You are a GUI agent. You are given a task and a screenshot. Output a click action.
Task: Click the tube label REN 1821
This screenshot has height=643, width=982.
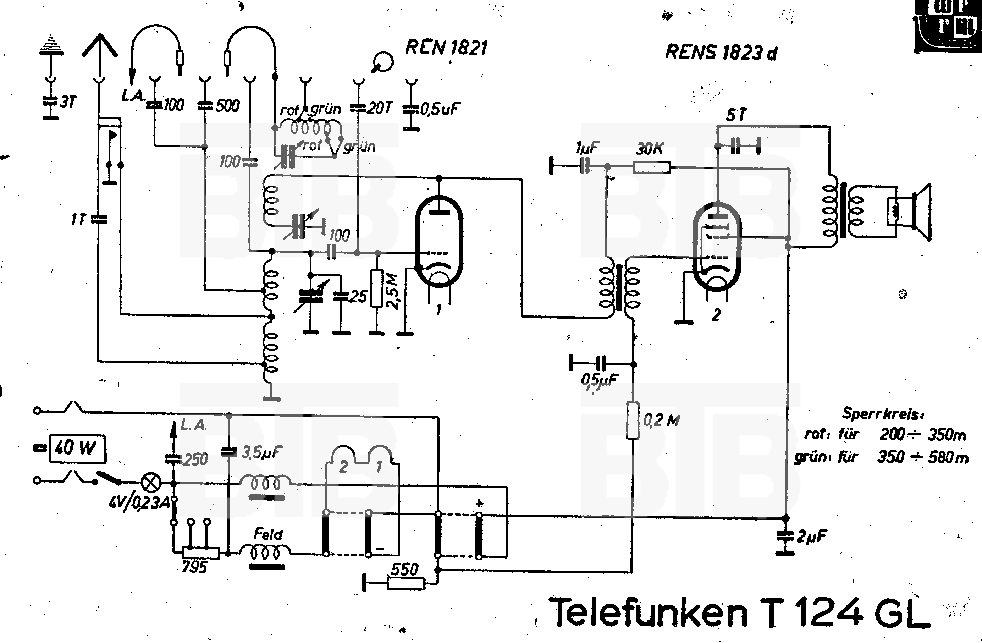446,48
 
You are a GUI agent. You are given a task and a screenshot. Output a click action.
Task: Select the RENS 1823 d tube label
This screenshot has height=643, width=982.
721,53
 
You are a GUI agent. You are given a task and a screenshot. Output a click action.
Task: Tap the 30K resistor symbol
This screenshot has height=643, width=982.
652,167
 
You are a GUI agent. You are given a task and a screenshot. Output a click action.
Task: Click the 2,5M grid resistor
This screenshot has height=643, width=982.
376,288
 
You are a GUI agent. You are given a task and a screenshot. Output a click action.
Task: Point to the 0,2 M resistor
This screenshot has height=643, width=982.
633,420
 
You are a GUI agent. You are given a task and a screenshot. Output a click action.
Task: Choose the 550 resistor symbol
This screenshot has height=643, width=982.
406,583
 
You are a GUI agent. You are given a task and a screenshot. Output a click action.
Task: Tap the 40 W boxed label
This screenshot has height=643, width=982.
77,448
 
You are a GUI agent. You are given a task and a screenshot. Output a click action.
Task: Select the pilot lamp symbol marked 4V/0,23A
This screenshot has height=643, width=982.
151,482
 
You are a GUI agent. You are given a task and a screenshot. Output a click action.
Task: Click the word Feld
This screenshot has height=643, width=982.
268,534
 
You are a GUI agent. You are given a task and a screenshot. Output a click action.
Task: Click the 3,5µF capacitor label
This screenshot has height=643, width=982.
261,453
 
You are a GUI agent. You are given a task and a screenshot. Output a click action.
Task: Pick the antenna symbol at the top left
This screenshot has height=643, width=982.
99,48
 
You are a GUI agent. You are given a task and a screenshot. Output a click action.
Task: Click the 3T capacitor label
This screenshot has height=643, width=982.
68,101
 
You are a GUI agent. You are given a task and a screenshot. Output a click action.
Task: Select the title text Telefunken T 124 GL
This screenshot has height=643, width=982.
739,612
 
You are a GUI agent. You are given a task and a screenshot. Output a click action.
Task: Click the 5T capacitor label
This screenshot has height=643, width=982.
736,115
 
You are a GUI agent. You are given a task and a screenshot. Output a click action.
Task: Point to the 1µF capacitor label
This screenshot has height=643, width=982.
587,147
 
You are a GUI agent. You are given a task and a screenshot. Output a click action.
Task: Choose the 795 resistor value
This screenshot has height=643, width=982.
194,567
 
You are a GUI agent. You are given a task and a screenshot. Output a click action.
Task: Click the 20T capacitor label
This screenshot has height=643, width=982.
379,108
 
